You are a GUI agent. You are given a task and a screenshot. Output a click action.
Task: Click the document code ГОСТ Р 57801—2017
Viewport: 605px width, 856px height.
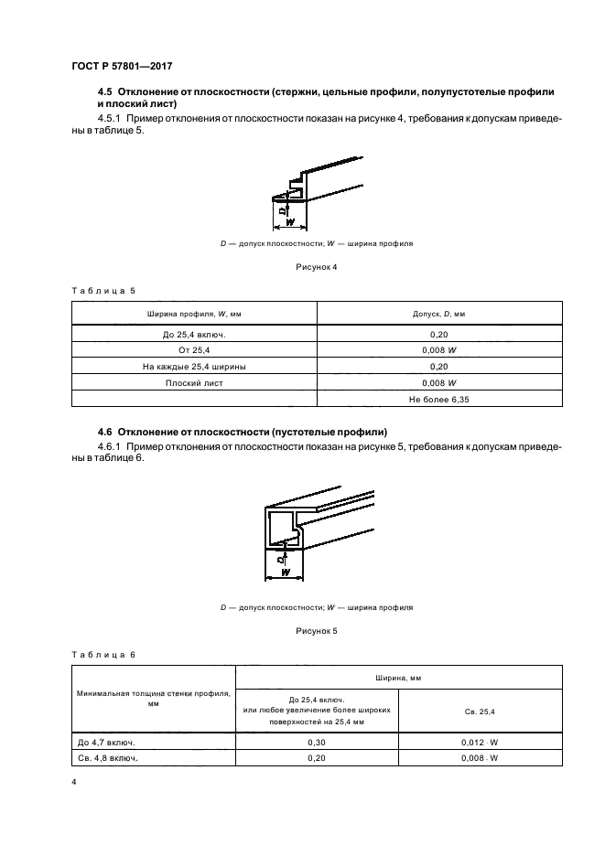click(121, 66)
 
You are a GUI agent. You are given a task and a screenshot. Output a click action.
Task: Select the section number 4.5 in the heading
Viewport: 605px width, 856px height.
click(105, 93)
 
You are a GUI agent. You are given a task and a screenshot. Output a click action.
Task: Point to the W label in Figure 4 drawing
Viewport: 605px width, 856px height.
click(289, 222)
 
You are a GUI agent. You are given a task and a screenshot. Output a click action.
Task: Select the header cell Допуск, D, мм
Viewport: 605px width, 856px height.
click(439, 314)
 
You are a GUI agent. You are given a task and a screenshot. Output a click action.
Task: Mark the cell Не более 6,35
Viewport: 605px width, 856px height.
click(439, 400)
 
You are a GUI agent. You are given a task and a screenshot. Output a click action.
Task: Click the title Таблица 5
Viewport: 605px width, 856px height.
click(103, 290)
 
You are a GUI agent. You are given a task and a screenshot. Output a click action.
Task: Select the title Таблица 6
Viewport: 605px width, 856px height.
click(103, 654)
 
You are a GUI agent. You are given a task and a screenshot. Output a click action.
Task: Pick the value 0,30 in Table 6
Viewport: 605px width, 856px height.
click(318, 743)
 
